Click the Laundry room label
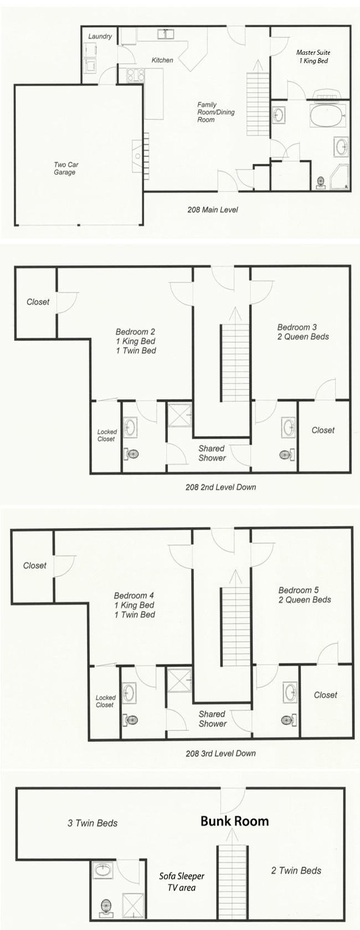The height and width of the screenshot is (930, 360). point(100,37)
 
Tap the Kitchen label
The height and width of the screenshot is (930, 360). point(162,60)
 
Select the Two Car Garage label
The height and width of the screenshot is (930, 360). point(66,168)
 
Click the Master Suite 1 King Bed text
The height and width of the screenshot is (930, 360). point(313,56)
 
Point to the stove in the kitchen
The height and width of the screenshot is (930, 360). point(135,75)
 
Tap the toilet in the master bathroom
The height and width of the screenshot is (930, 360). point(320,182)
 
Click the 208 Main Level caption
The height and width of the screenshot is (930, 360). point(213,210)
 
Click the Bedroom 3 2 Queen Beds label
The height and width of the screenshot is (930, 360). point(303,332)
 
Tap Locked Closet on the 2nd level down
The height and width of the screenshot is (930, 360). point(107,435)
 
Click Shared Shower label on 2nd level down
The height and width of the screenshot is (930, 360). point(212,453)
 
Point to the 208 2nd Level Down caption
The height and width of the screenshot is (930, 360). point(220,487)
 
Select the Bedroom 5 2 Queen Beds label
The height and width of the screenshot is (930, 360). point(305,595)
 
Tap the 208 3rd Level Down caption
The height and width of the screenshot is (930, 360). point(220,753)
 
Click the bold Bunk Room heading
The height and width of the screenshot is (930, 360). point(235,821)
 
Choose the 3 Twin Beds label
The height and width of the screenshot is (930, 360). point(92,823)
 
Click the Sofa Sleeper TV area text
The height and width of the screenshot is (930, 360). point(182,881)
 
